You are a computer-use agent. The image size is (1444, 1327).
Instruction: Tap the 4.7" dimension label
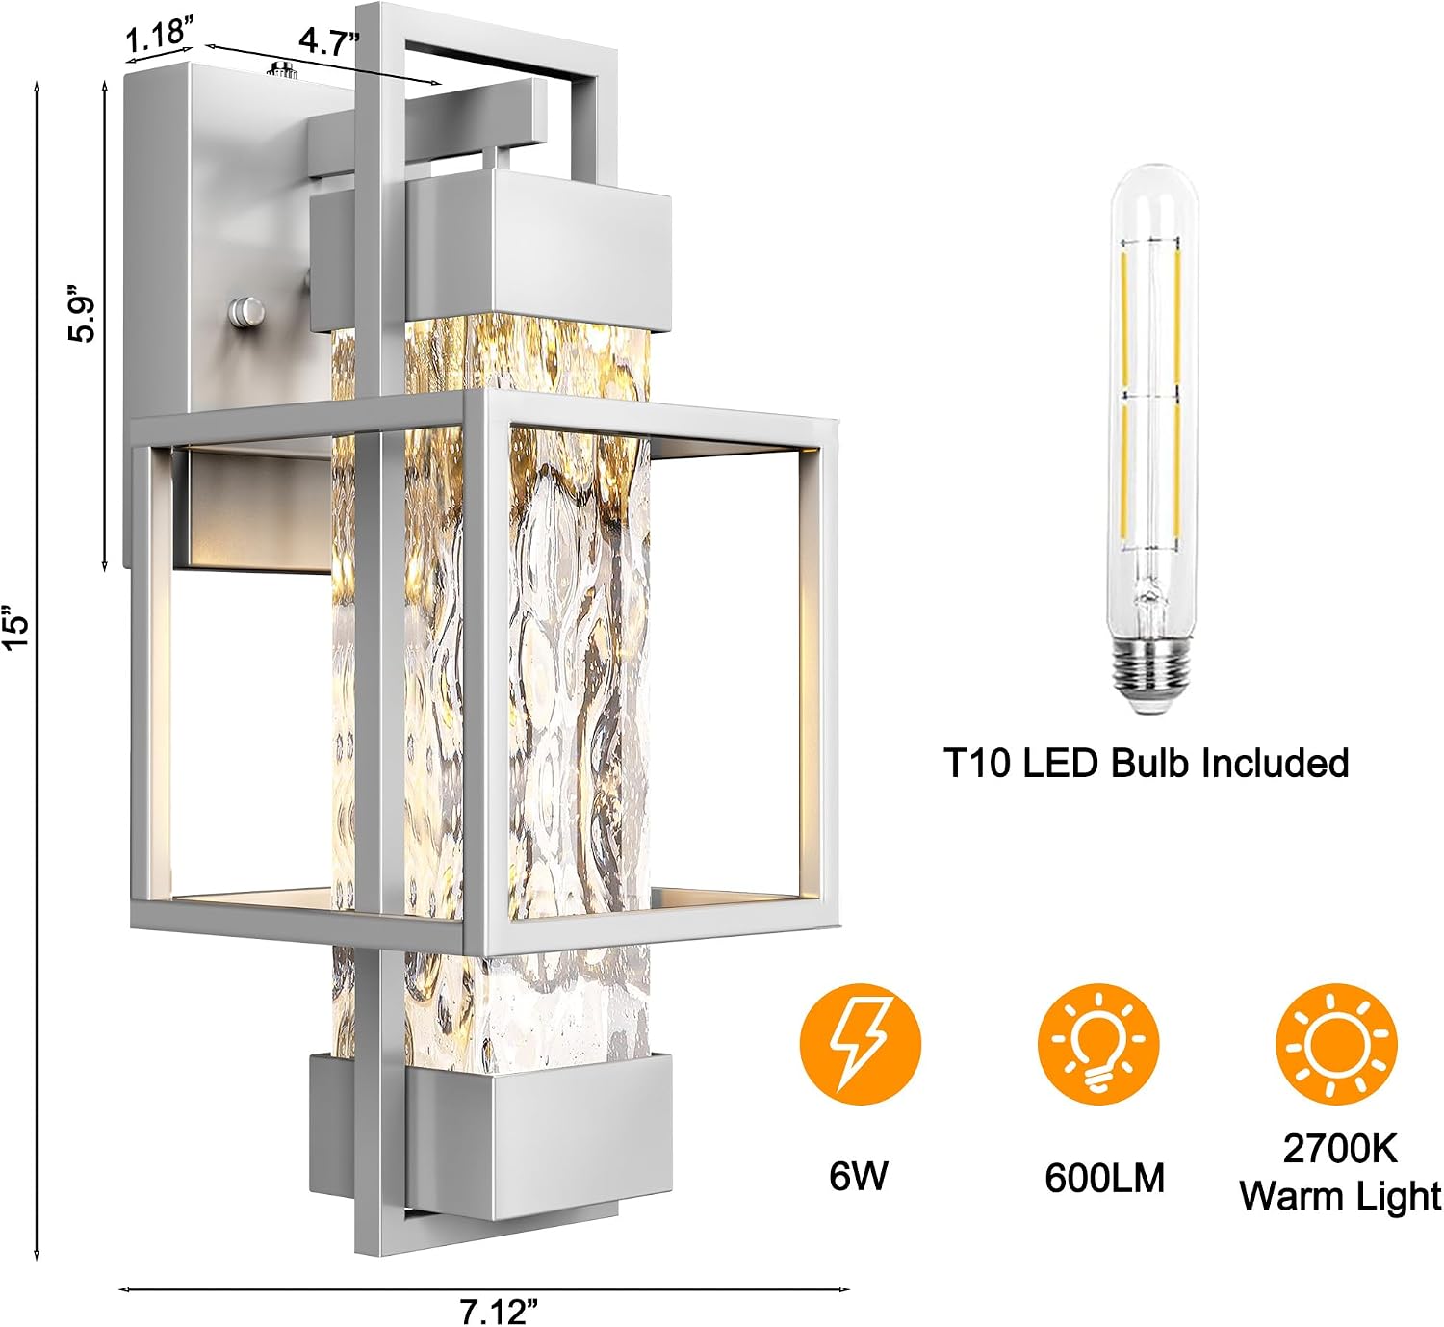[329, 42]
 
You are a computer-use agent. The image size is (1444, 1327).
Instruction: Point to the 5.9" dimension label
[81, 314]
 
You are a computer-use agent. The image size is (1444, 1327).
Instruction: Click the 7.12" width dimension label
[499, 1312]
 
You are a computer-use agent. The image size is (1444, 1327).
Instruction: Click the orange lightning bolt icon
[861, 1044]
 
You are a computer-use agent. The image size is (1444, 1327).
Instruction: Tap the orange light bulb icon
[1097, 1044]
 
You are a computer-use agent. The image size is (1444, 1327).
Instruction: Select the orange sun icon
[1336, 1044]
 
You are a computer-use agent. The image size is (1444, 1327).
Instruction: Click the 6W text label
[859, 1175]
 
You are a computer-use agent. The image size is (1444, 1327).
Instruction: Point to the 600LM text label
[1104, 1179]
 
